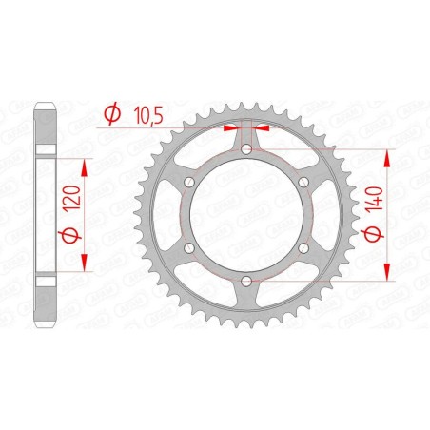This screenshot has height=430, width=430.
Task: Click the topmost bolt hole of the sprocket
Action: point(246,147)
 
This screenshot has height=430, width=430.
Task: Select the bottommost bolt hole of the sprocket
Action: point(246,283)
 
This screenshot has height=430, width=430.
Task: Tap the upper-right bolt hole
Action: point(304,182)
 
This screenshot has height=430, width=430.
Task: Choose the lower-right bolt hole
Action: point(304,248)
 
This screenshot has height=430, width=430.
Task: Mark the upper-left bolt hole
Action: point(188,182)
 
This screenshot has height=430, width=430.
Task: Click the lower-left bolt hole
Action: point(188,248)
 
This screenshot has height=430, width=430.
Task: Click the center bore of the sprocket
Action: point(246,215)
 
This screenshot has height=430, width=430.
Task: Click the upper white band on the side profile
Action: point(45,150)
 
